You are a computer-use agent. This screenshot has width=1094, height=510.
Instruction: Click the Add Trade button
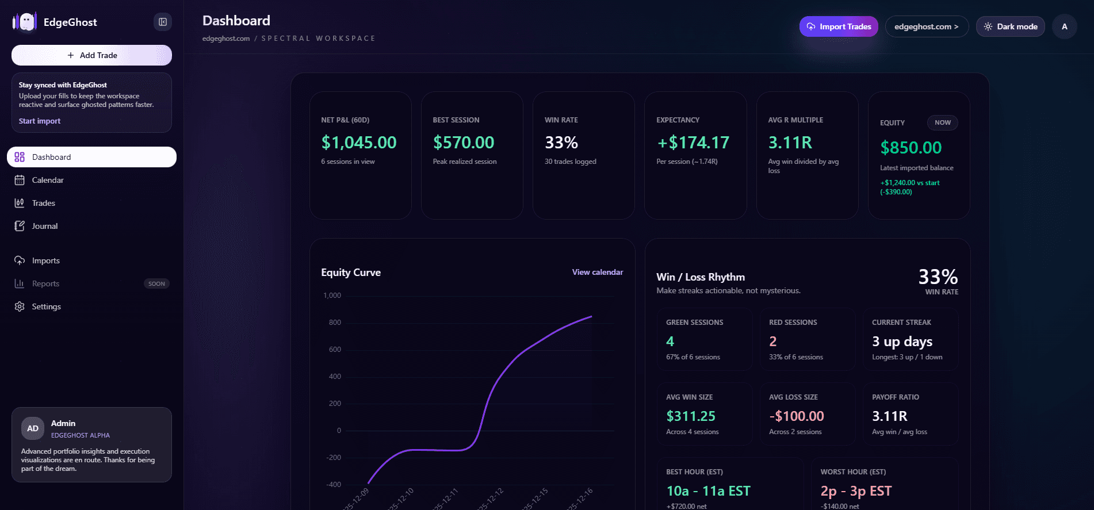pyautogui.click(x=92, y=55)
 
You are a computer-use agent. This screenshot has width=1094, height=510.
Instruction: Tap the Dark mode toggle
pyautogui.click(x=1010, y=26)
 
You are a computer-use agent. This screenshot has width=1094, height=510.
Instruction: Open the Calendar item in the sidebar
pyautogui.click(x=48, y=180)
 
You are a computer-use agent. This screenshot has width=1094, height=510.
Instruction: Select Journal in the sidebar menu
pyautogui.click(x=45, y=226)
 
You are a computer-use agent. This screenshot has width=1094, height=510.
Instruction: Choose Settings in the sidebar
pyautogui.click(x=46, y=306)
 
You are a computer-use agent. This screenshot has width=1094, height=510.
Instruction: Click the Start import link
pyautogui.click(x=40, y=121)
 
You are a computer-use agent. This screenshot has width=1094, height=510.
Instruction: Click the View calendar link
pyautogui.click(x=597, y=272)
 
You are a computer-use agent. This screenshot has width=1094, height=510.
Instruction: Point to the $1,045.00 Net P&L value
pyautogui.click(x=359, y=143)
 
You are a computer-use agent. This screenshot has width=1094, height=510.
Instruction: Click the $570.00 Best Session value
pyautogui.click(x=464, y=143)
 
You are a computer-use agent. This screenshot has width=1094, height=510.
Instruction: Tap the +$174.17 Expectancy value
pyautogui.click(x=693, y=143)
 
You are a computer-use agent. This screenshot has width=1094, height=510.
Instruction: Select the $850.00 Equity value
pyautogui.click(x=911, y=148)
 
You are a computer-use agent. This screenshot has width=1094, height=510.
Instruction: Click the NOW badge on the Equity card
pyautogui.click(x=942, y=122)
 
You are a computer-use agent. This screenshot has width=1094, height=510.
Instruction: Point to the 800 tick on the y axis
pyautogui.click(x=335, y=323)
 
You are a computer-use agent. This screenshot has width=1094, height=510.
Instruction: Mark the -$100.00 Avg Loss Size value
pyautogui.click(x=796, y=416)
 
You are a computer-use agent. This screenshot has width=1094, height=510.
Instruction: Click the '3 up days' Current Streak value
pyautogui.click(x=902, y=342)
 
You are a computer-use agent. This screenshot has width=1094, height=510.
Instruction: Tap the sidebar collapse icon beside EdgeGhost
pyautogui.click(x=163, y=22)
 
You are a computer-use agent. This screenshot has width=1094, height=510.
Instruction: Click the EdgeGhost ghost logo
pyautogui.click(x=25, y=22)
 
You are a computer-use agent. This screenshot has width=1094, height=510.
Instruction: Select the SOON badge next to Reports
pyautogui.click(x=156, y=283)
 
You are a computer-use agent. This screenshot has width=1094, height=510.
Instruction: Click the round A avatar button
pyautogui.click(x=1064, y=26)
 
